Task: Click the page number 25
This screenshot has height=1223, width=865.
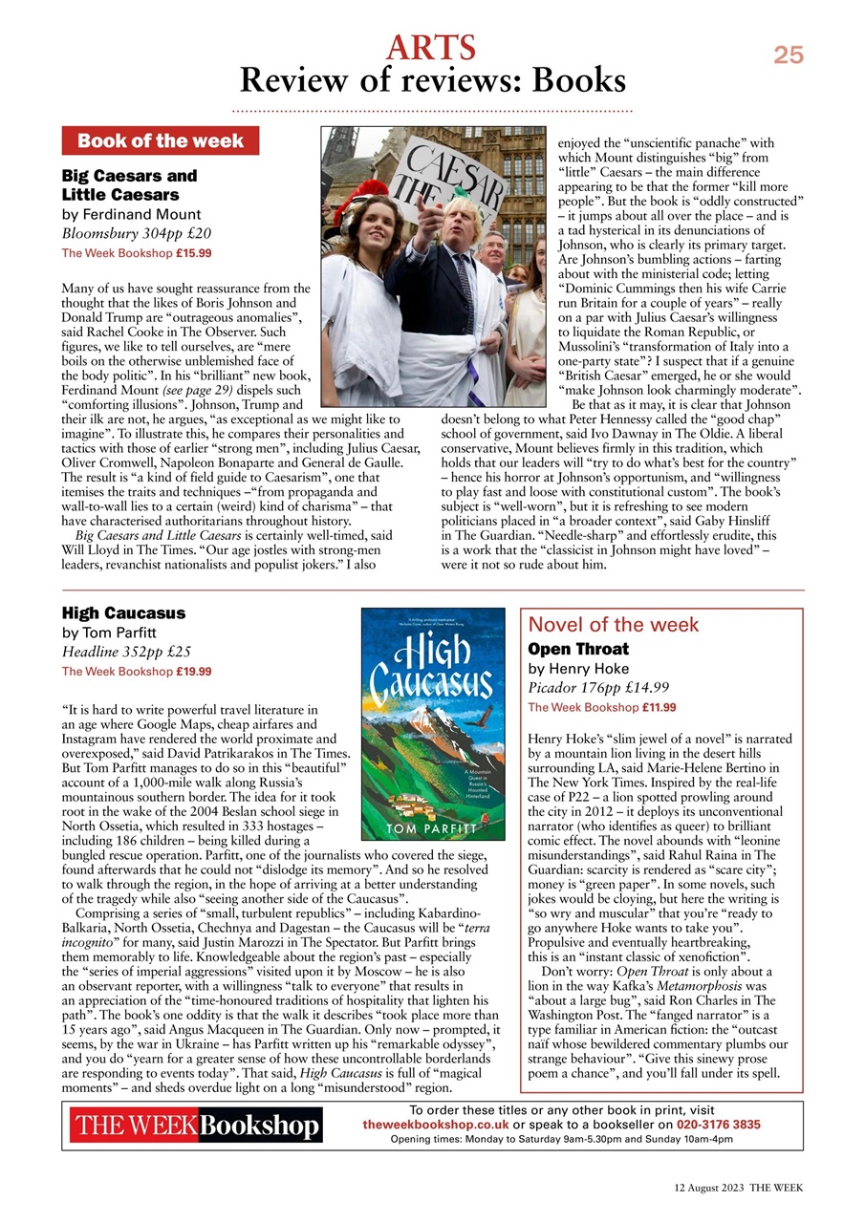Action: [x=788, y=55]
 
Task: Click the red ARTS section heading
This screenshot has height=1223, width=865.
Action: [x=431, y=46]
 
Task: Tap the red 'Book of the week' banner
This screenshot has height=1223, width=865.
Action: [x=160, y=141]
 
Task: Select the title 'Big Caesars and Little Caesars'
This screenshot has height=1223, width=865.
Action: [x=129, y=185]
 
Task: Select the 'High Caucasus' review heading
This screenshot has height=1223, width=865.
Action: [x=123, y=613]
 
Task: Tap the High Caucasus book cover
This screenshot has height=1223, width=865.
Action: [x=433, y=723]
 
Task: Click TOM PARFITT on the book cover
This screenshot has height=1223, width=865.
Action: [x=434, y=827]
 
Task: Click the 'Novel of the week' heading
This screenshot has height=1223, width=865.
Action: [x=613, y=626]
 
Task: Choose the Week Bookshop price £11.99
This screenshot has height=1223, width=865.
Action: [x=660, y=707]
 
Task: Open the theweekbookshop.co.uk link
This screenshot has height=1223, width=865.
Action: [x=435, y=1125]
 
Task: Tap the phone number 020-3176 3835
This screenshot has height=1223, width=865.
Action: [x=719, y=1125]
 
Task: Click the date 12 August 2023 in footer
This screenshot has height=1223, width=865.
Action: [x=705, y=1188]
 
